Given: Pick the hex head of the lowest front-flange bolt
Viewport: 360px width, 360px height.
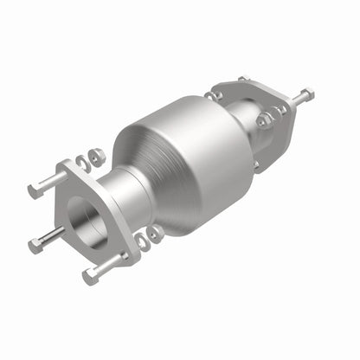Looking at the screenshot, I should click(x=88, y=276).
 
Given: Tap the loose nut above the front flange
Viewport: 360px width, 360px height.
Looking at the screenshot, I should click(x=97, y=156).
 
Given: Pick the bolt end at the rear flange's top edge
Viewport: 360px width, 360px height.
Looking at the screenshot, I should click(x=243, y=80).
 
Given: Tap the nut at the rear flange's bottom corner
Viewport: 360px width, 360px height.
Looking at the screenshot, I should click(x=257, y=164).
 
